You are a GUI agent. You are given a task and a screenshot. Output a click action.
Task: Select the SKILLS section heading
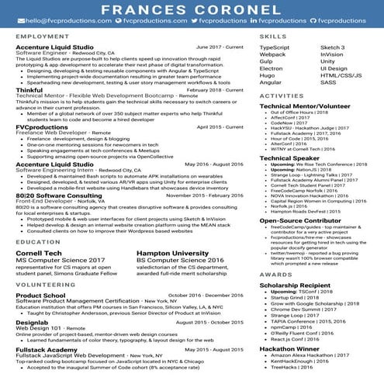(x=272, y=36)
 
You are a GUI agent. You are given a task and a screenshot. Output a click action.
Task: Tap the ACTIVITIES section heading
(x=282, y=95)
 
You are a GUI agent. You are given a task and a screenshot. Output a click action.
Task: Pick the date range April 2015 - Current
(x=220, y=126)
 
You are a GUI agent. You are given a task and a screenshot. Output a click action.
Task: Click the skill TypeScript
(x=275, y=47)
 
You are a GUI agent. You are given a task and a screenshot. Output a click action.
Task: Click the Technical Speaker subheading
(x=289, y=157)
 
